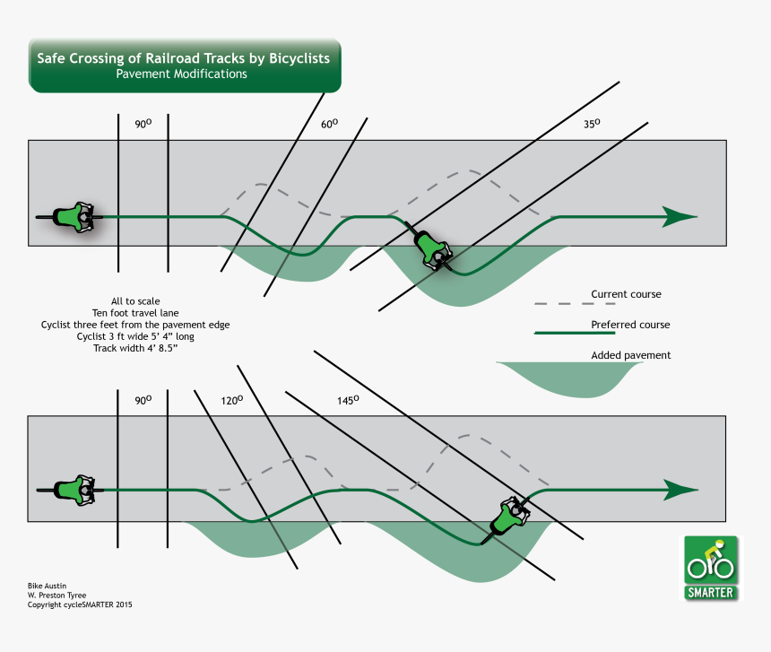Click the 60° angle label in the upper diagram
click(329, 126)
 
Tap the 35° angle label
click(591, 126)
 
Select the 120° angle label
click(232, 402)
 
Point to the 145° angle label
click(346, 401)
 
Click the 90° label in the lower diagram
click(143, 401)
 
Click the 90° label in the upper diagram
click(143, 125)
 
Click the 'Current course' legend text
click(626, 294)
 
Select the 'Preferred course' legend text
click(630, 325)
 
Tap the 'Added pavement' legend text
click(631, 356)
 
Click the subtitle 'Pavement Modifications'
click(181, 74)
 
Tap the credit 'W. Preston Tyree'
click(59, 595)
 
